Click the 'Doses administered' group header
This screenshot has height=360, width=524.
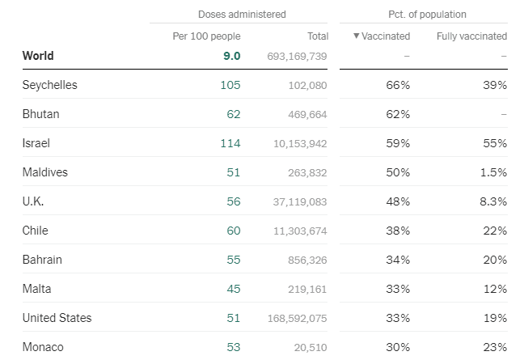tap(242, 15)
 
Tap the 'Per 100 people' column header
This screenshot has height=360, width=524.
tap(206, 36)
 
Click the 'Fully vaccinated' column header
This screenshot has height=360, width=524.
tap(471, 36)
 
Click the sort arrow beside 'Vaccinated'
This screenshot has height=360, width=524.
tap(357, 36)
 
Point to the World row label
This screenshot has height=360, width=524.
tap(38, 56)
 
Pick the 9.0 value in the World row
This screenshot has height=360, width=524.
tap(232, 56)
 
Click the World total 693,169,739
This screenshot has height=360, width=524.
tap(297, 57)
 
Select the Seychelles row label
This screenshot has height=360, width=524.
tap(49, 85)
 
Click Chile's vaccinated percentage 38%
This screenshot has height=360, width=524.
tap(399, 231)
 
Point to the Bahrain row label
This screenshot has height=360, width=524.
tap(42, 260)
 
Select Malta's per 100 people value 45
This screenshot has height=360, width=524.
tap(234, 289)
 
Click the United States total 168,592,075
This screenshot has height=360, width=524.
tap(297, 319)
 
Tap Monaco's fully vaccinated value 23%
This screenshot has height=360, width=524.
tap(496, 347)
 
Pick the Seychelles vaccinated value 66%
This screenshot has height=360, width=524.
tap(399, 85)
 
